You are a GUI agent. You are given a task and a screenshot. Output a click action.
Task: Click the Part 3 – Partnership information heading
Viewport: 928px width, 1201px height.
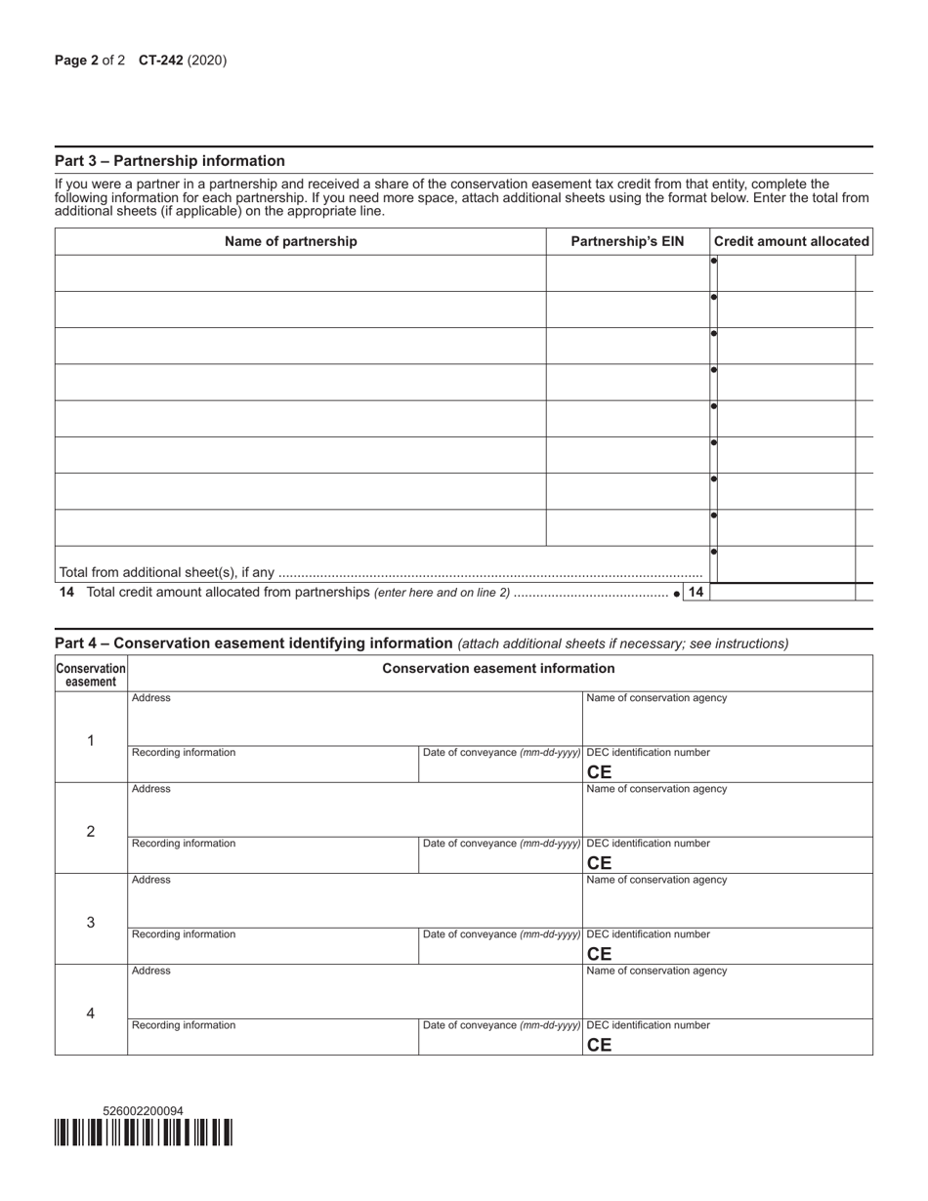coord(170,161)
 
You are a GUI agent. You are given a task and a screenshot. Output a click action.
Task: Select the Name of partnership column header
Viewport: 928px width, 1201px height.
coord(291,241)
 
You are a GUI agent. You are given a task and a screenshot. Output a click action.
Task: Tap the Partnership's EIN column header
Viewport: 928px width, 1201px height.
coord(627,241)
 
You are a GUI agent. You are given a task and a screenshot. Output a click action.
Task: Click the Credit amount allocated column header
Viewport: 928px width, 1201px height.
coord(791,241)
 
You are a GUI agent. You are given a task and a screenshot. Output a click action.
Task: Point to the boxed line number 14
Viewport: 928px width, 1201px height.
coord(696,593)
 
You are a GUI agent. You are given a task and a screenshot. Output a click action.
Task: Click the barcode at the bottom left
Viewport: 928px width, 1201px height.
coord(144,1133)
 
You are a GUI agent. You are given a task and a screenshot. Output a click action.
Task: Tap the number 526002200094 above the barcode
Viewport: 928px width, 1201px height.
coord(143,1111)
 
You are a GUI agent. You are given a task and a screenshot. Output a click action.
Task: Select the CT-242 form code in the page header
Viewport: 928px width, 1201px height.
coord(160,61)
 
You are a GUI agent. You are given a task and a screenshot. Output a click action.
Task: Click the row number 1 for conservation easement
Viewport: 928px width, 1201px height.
coord(91,740)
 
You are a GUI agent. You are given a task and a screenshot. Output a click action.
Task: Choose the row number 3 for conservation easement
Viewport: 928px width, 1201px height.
coord(91,922)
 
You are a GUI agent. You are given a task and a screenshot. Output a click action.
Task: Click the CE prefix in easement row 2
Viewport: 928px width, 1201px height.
coord(599,863)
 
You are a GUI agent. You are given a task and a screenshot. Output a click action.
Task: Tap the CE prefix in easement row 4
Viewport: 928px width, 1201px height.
coord(599,1045)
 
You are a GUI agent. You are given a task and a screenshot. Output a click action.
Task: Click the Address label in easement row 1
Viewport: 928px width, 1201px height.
coord(151,698)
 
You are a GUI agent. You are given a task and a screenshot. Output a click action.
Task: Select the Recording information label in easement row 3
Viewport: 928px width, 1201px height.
coord(184,934)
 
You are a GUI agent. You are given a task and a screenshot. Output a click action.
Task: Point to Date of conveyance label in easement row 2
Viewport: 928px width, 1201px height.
coord(501,844)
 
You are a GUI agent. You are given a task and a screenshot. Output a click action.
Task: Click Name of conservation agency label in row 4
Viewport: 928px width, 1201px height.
coord(656,971)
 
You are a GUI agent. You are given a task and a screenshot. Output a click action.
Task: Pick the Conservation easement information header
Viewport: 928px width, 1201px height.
coord(498,669)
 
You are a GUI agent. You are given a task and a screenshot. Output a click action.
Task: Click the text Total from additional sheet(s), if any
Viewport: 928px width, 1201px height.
coord(167,573)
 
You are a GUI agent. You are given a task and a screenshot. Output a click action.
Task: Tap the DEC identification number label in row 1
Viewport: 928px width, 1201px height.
coord(648,753)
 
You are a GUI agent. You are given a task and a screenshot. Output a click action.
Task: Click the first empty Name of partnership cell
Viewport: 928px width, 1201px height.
coord(300,273)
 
